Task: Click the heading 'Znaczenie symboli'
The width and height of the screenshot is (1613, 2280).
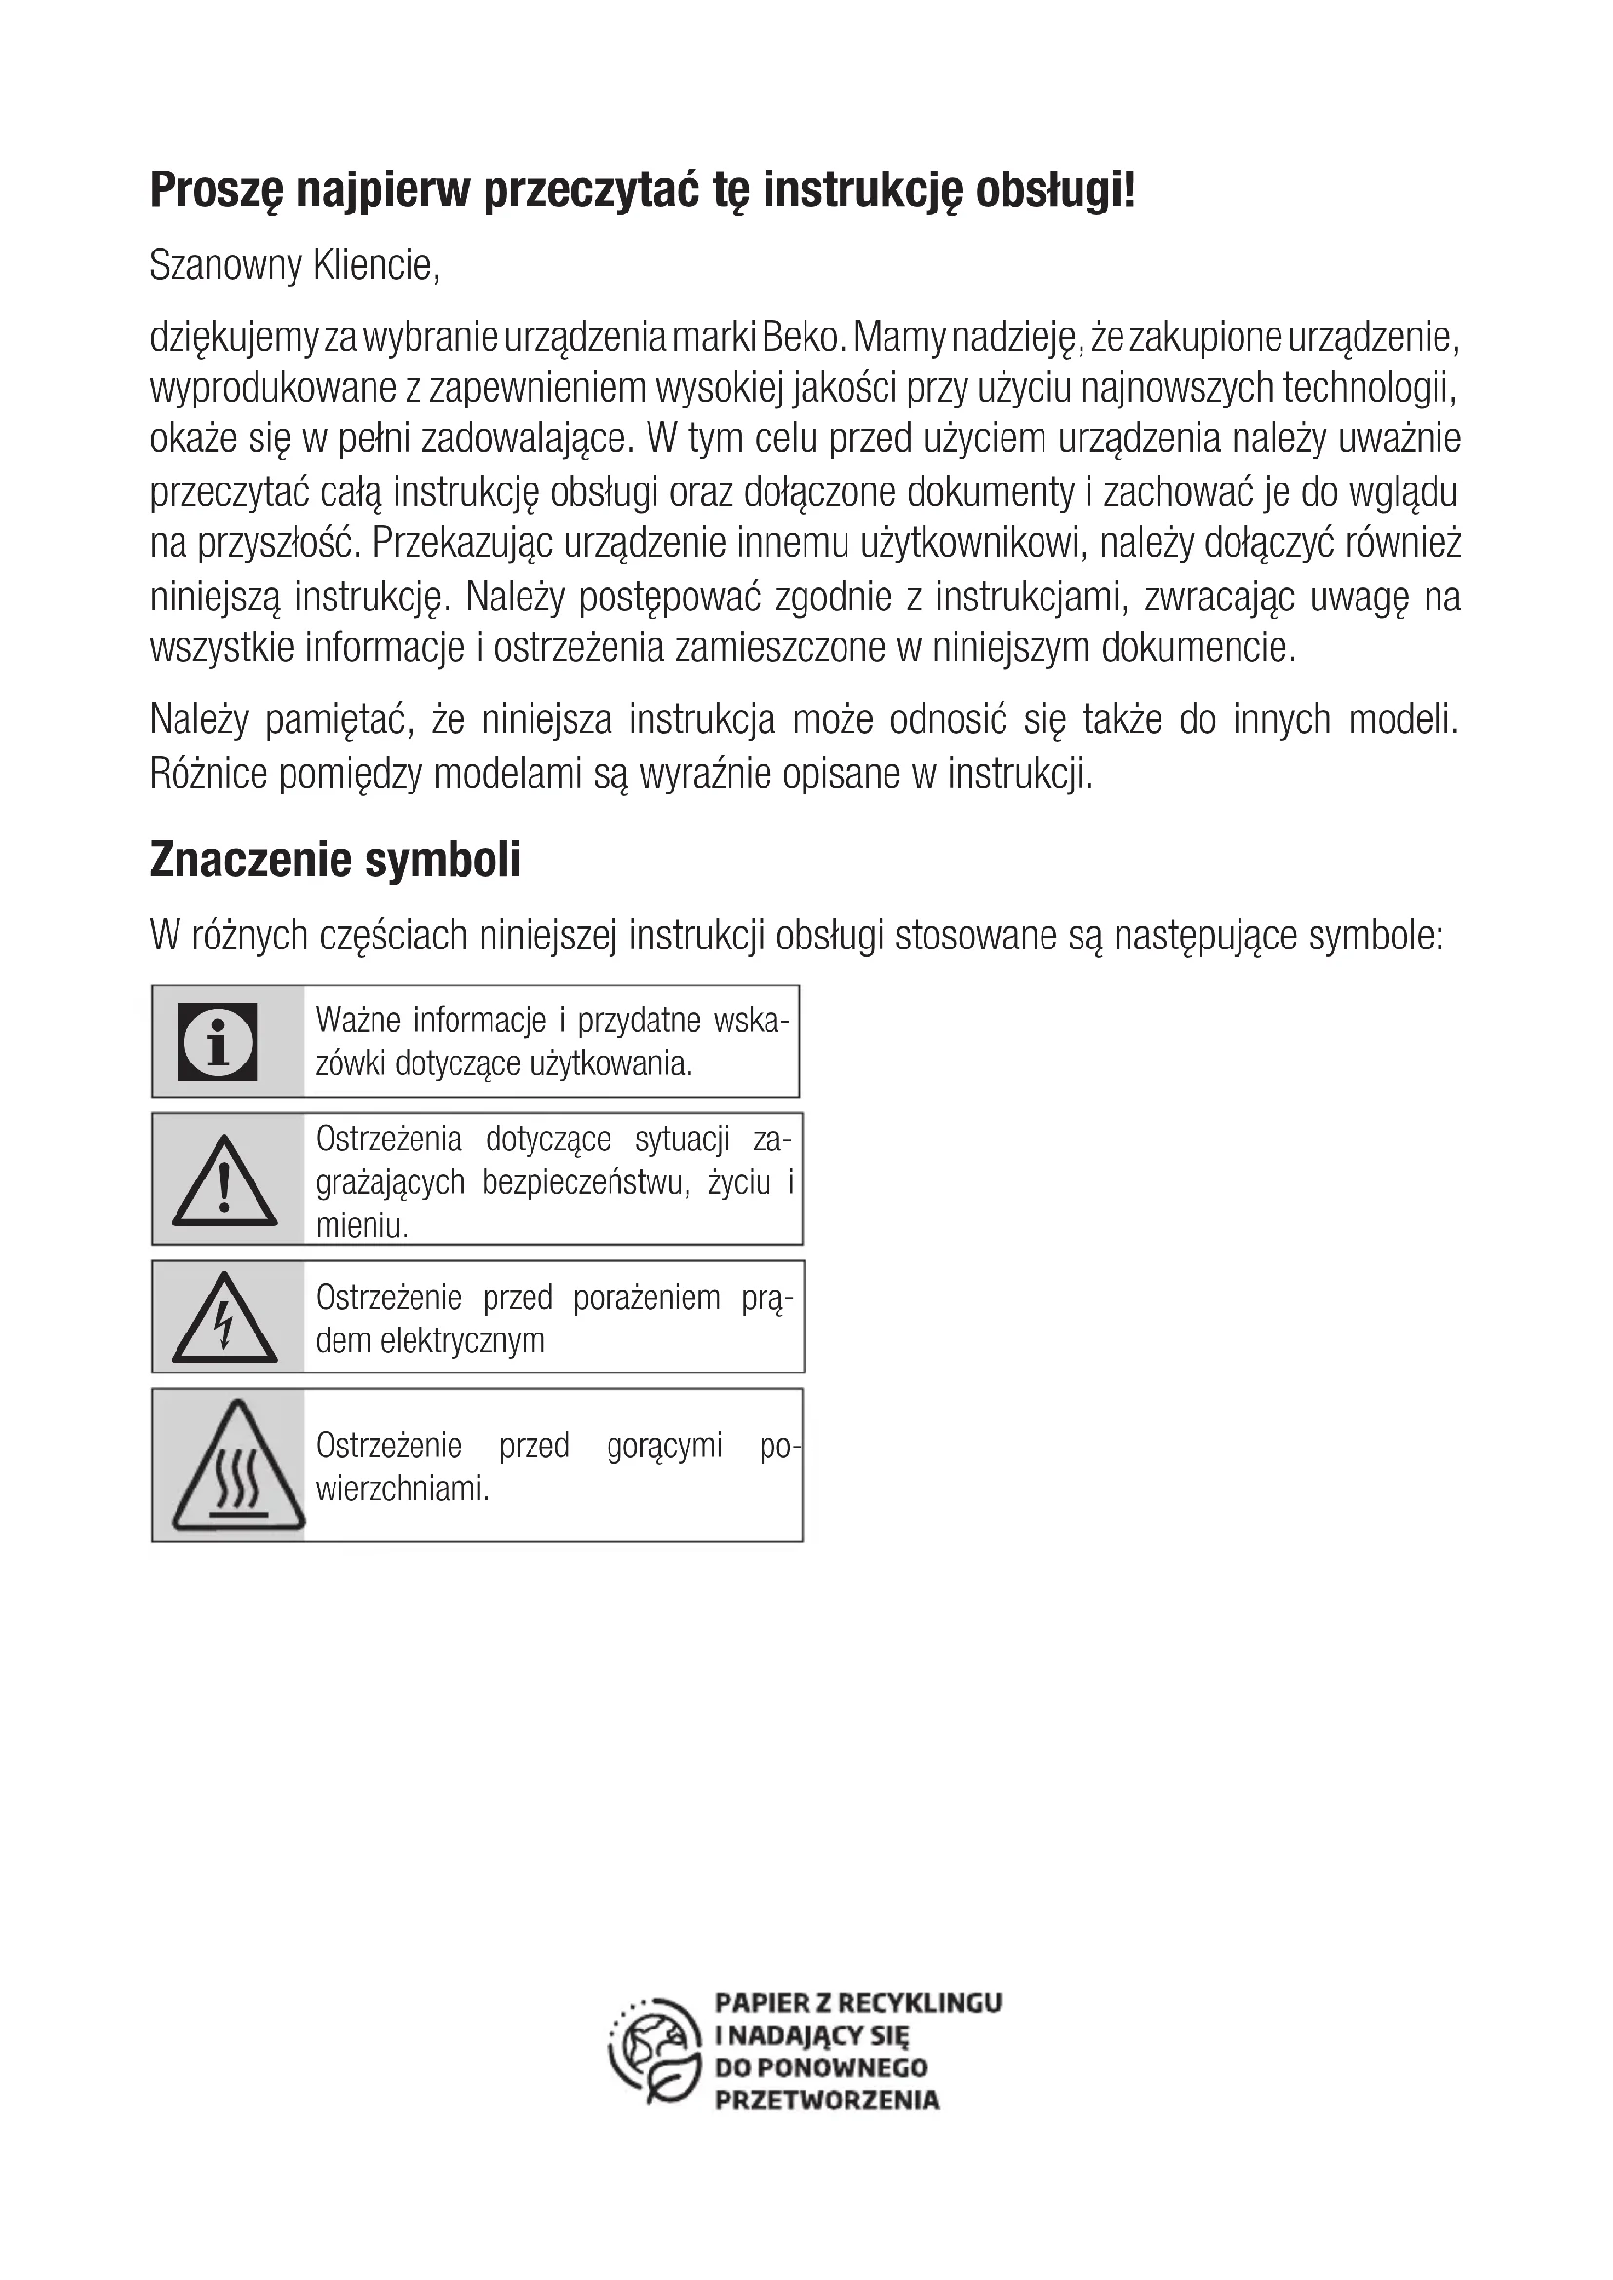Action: coord(334,860)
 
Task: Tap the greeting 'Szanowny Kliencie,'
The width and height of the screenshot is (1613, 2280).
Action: coord(294,265)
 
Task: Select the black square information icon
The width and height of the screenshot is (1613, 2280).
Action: coord(217,1042)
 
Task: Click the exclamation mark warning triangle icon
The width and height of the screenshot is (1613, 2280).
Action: coord(223,1181)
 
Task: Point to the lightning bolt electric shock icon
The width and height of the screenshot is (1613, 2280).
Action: coord(223,1319)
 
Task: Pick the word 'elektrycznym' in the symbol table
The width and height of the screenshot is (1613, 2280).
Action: coord(462,1340)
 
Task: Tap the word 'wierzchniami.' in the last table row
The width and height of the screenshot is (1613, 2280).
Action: coord(402,1488)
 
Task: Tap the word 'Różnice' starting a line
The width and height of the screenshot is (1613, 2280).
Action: coord(209,774)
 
